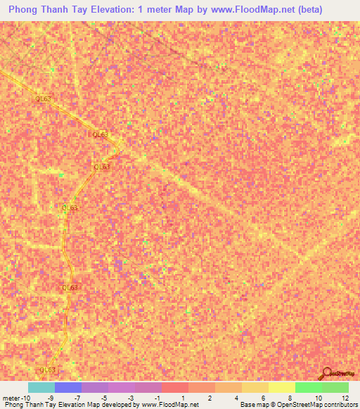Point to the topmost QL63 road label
click(x=43, y=99)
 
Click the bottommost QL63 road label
click(x=48, y=370)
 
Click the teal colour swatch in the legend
click(x=41, y=387)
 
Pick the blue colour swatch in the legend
click(x=68, y=387)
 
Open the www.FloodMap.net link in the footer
click(x=170, y=405)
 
